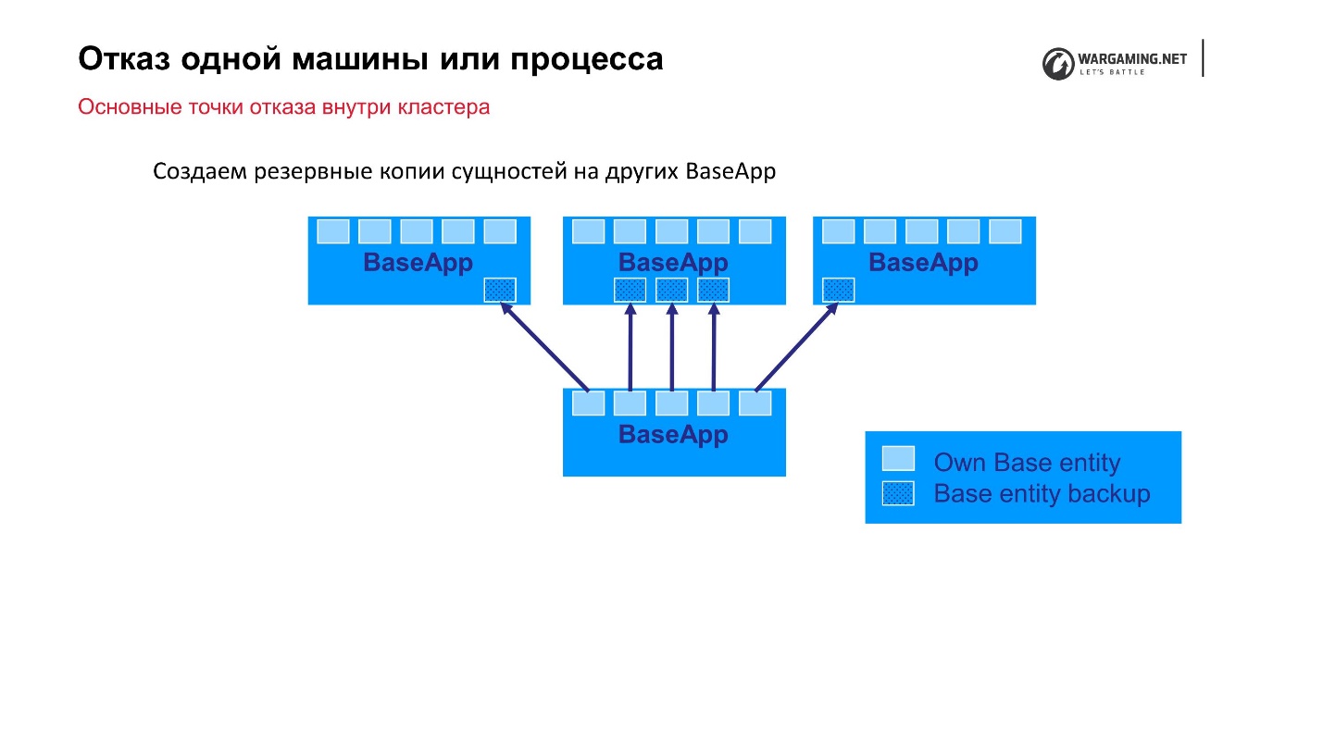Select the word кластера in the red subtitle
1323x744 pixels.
[x=443, y=107]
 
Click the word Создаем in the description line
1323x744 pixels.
[x=195, y=172]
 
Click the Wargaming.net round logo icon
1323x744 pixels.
[x=1057, y=63]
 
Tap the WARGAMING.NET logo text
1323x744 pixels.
[x=1132, y=58]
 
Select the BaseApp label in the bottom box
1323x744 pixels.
[x=673, y=435]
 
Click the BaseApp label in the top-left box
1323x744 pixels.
[x=418, y=263]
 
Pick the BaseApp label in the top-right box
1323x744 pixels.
[x=923, y=263]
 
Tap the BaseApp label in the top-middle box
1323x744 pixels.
[x=673, y=263]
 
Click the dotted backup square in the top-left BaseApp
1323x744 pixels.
[x=500, y=290]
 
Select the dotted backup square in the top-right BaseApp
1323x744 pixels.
[x=838, y=290]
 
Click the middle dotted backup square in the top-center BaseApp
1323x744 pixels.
[x=671, y=290]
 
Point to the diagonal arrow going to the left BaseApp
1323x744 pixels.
[x=545, y=348]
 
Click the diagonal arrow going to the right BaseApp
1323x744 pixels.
[x=796, y=348]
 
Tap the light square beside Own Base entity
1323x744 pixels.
[x=897, y=458]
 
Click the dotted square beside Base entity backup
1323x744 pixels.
[x=897, y=493]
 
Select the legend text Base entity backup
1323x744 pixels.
[x=1042, y=494]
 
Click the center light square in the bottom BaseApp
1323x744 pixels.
[x=671, y=403]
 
